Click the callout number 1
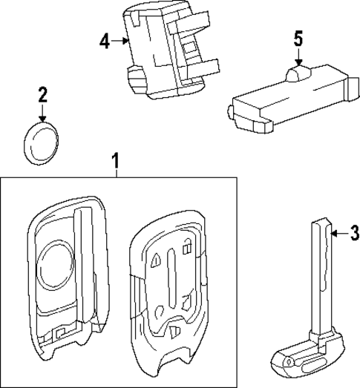pos(115,160)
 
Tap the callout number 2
pos(42,94)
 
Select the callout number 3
pos(353,234)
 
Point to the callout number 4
pos(104,40)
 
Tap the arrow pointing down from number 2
pos(42,113)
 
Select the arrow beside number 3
pos(338,234)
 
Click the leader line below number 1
pos(115,172)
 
